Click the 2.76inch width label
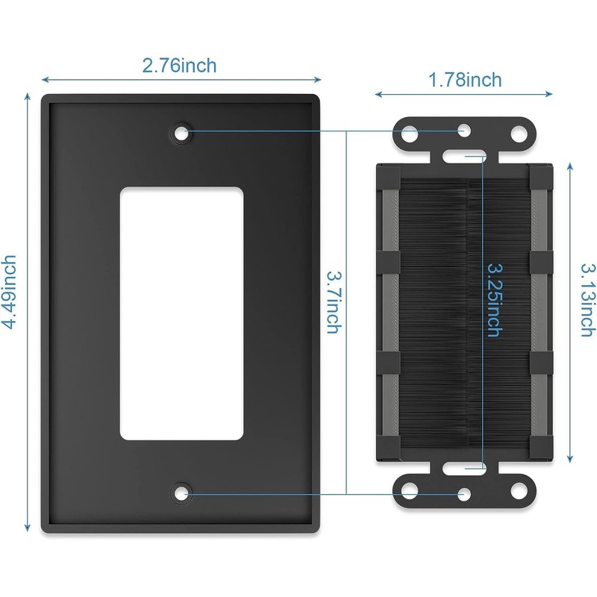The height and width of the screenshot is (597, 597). tap(179, 66)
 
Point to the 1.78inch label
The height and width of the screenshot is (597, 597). tap(463, 80)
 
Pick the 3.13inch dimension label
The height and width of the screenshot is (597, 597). tap(588, 298)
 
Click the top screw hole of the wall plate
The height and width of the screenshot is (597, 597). tap(181, 133)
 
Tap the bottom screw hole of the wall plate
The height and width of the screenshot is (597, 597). tap(181, 493)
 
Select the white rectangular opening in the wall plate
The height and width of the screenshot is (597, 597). tap(181, 311)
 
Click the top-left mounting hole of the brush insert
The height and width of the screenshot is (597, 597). tap(410, 135)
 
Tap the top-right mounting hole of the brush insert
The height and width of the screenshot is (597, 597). tap(518, 135)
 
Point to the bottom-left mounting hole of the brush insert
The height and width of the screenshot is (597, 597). tap(410, 492)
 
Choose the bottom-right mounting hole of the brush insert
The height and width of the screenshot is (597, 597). tap(518, 492)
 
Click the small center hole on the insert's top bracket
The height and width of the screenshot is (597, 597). tap(464, 131)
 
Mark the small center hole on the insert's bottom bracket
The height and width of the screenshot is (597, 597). tap(464, 494)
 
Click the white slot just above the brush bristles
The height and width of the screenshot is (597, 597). tap(464, 157)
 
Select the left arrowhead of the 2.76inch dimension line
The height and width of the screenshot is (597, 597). tap(44, 78)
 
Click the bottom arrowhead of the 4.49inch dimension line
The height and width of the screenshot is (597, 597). tap(28, 529)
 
